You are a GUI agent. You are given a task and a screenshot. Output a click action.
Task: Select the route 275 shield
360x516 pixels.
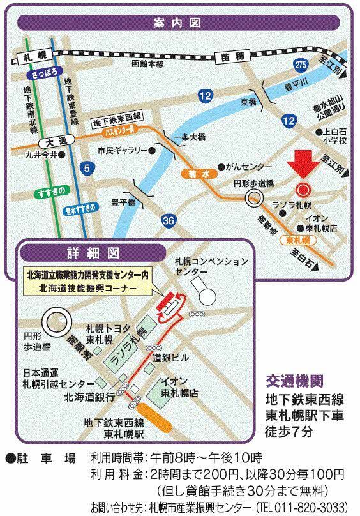[x=302, y=63]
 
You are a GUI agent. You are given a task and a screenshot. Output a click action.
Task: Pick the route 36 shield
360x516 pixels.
[x=169, y=220]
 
